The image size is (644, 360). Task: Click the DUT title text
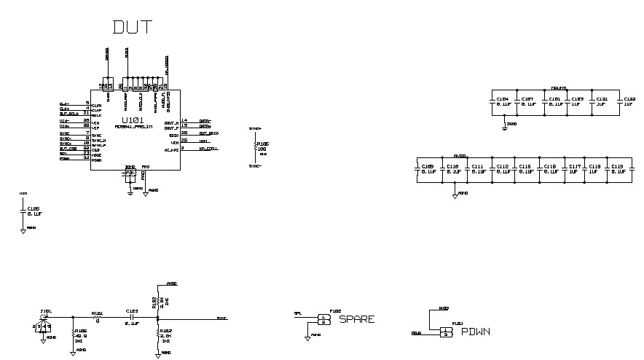point(132,27)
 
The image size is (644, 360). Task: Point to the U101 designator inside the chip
point(132,120)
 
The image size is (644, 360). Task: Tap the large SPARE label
point(357,319)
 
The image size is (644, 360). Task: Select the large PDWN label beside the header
point(476,332)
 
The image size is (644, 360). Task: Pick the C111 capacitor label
point(478,166)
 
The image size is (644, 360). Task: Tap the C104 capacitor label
point(503,99)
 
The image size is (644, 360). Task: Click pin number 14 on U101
point(184,120)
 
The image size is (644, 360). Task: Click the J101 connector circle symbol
point(46,318)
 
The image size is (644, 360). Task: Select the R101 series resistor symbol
point(97,317)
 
